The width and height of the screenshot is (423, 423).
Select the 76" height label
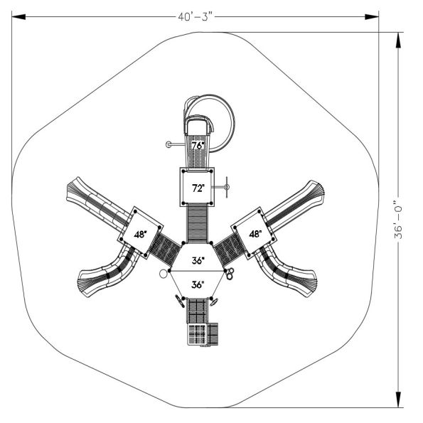click(198, 146)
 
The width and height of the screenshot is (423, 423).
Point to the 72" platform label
click(198, 188)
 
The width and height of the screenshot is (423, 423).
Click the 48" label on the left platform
click(140, 233)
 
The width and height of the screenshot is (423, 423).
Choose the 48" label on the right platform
click(255, 233)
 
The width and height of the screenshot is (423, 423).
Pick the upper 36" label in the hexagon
click(198, 261)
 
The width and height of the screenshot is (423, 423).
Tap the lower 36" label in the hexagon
click(198, 284)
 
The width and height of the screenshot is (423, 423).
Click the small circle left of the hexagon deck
click(163, 273)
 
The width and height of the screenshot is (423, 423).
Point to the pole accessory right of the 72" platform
click(226, 188)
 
